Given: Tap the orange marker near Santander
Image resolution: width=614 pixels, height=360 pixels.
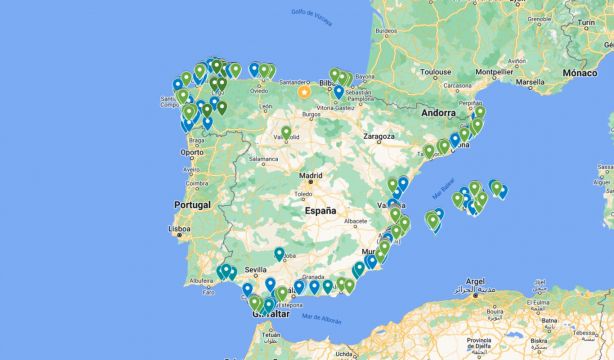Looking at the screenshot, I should (304, 91).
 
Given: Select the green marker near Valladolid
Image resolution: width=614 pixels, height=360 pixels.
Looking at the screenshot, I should (286, 132).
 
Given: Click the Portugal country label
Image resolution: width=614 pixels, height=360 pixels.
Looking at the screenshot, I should (193, 204).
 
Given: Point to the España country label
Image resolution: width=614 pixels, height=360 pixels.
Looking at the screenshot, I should (321, 211).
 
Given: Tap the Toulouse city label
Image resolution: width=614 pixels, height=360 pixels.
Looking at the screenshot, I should (437, 71).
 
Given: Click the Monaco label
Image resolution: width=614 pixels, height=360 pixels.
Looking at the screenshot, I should (579, 72).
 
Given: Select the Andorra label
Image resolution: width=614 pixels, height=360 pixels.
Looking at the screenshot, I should (439, 113).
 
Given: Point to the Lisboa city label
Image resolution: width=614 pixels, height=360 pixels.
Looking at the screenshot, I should (180, 228).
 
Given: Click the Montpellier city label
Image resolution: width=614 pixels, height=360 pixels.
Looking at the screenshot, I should (515, 72).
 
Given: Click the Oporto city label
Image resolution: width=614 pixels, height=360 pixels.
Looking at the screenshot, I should (193, 152).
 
